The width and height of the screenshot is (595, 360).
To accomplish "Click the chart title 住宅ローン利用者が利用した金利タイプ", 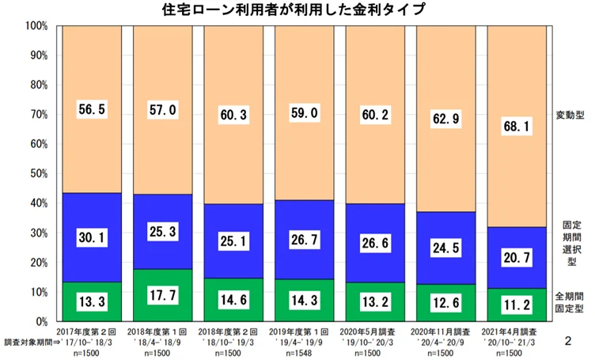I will point(298,10).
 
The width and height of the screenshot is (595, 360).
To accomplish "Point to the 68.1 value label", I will point(517,127).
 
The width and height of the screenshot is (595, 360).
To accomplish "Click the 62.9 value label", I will point(446,119).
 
